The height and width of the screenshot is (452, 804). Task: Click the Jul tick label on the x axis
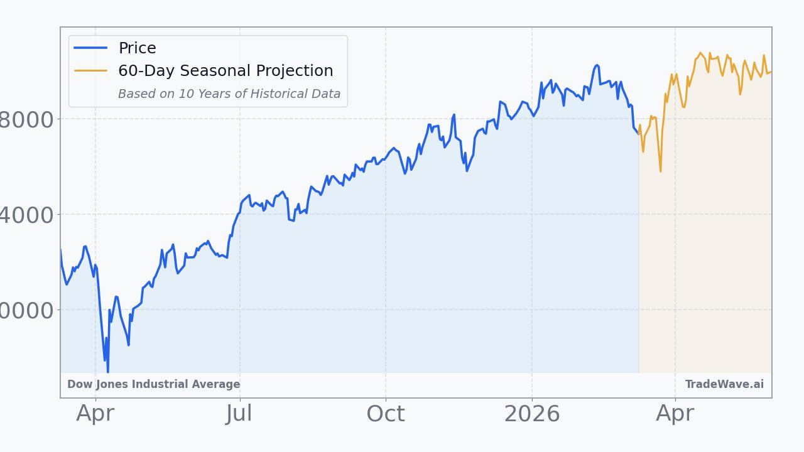[239, 414]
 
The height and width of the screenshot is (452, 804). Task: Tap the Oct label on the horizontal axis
[386, 414]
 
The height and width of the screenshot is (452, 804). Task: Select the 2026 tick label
[532, 414]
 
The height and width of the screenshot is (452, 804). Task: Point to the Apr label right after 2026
[675, 414]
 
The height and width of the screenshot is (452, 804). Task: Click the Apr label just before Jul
[95, 414]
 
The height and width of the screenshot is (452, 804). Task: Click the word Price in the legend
[138, 48]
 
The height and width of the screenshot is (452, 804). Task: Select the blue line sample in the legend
[91, 48]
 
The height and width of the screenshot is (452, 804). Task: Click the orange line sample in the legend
[91, 70]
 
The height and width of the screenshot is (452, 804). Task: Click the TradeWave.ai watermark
[724, 384]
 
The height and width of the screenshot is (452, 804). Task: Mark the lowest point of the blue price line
[107, 372]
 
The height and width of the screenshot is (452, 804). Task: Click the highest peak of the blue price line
[597, 65]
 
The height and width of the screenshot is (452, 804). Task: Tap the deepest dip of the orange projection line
[660, 171]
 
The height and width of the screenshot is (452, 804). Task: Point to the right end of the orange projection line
[771, 72]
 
